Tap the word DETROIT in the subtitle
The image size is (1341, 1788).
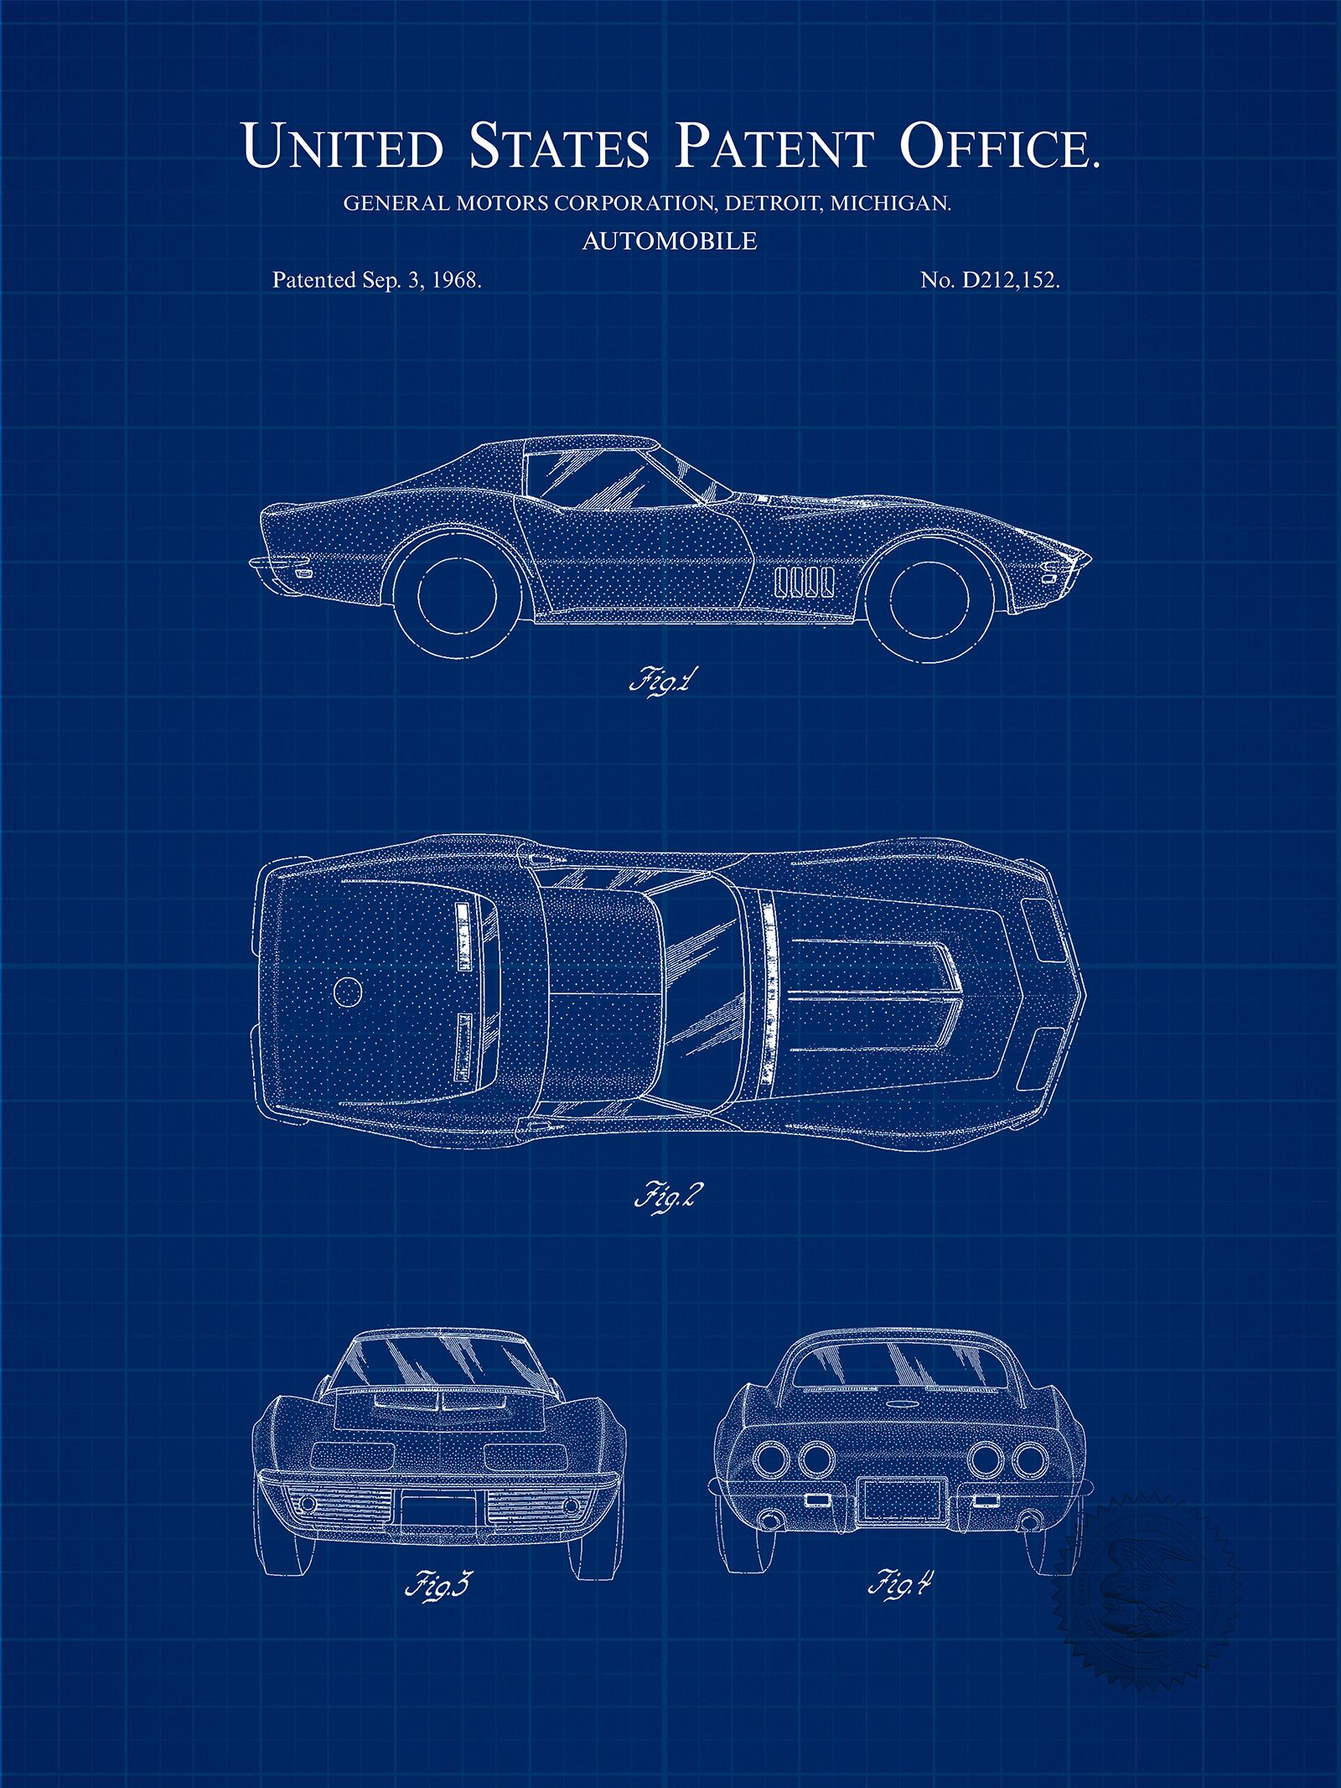pyautogui.click(x=774, y=203)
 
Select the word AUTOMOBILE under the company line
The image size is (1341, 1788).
pyautogui.click(x=670, y=241)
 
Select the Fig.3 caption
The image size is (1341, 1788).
pyautogui.click(x=438, y=1585)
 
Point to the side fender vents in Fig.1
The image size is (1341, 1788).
pyautogui.click(x=804, y=580)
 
